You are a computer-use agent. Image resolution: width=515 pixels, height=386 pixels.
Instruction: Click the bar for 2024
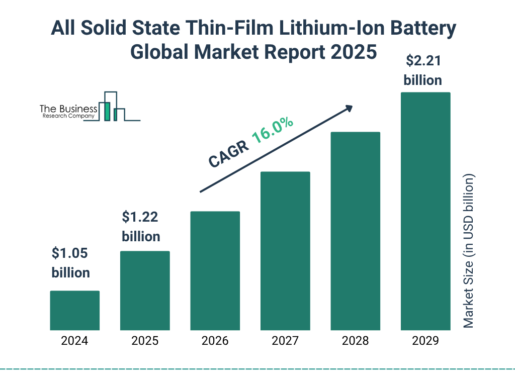(74, 310)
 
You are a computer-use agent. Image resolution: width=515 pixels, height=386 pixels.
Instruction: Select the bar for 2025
(145, 291)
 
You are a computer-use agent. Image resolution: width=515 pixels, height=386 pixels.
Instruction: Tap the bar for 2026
(215, 270)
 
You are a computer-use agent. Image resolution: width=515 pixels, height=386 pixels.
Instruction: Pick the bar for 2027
(285, 251)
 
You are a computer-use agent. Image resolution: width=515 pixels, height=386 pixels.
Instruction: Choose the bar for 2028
(355, 231)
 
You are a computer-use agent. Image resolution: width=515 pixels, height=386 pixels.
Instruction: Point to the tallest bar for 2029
(425, 211)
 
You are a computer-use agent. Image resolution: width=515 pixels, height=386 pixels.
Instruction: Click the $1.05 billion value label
(70, 263)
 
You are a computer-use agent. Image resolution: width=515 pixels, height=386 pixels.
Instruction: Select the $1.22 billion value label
(141, 227)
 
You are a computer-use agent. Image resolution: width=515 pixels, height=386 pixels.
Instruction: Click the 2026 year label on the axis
(215, 341)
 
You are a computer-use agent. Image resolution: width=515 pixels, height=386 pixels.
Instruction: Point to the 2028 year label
(355, 341)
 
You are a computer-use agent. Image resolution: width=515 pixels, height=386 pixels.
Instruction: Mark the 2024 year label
(74, 341)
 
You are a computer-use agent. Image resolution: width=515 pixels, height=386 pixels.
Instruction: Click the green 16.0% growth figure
(272, 130)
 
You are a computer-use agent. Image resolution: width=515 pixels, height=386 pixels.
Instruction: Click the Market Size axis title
(469, 251)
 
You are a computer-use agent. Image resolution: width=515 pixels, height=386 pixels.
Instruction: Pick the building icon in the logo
(112, 107)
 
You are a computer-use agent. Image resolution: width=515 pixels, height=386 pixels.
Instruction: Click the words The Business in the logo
(68, 109)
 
